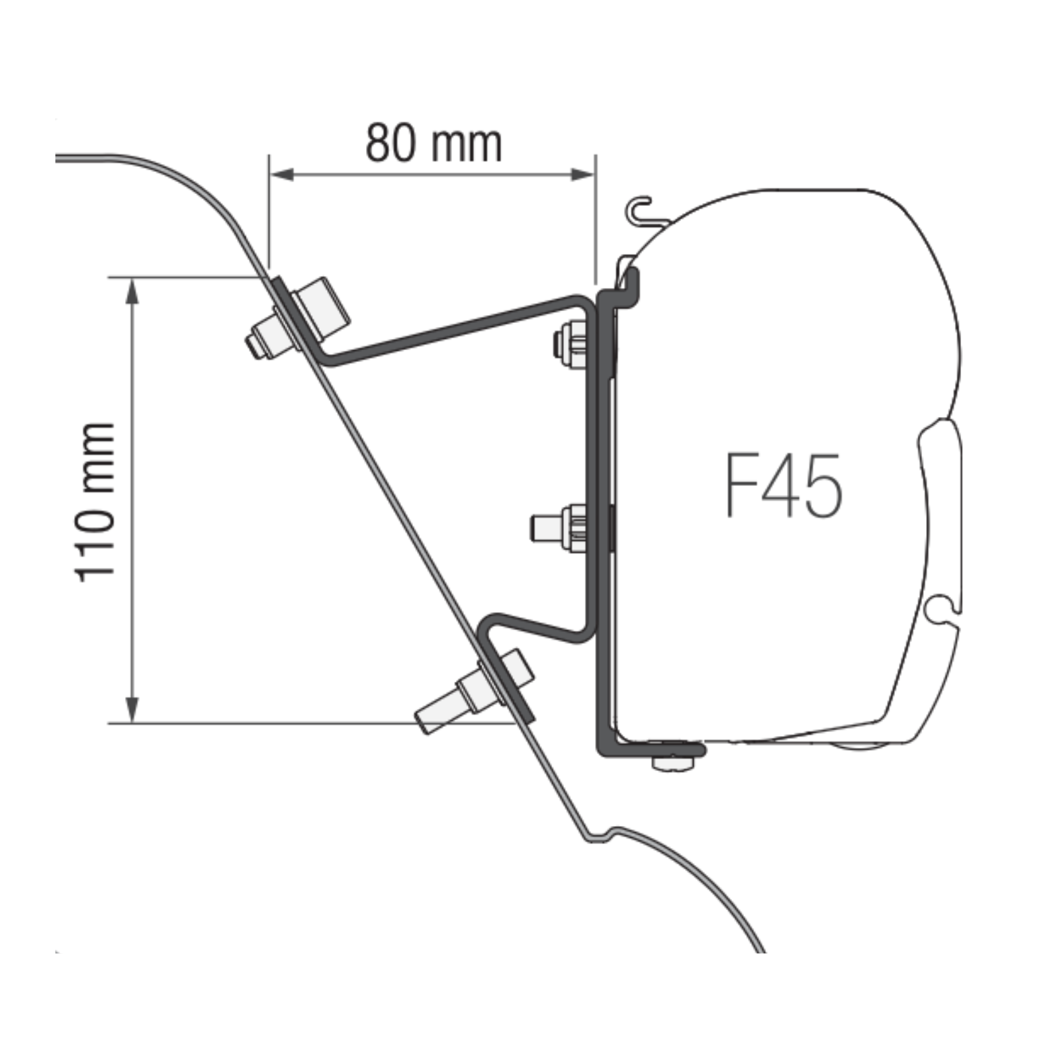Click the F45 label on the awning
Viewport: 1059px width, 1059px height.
(x=784, y=486)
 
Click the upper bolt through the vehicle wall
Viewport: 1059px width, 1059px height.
(x=298, y=318)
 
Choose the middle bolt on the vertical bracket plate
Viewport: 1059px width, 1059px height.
(x=559, y=527)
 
